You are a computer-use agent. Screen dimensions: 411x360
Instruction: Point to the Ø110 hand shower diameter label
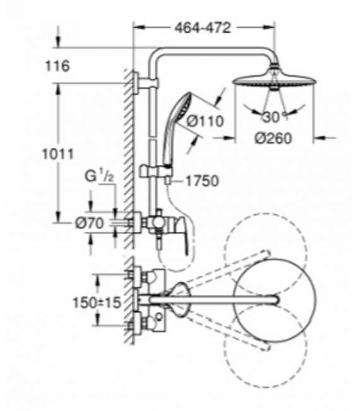tap(205, 120)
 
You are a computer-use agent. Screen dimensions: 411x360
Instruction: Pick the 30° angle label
tap(271, 118)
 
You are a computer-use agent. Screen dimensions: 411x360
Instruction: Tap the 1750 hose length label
tap(201, 181)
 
